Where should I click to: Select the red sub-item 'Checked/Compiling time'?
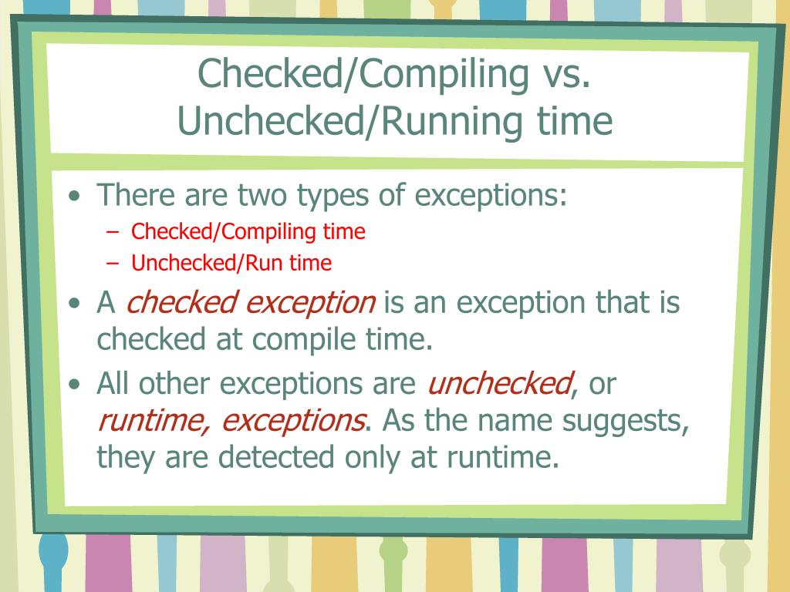(248, 231)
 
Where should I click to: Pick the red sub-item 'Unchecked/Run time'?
(231, 264)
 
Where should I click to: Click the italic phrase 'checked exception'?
(251, 304)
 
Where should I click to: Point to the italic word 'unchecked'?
(500, 383)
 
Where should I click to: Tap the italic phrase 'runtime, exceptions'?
(231, 421)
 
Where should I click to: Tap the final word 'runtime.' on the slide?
(501, 458)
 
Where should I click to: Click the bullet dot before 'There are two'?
(74, 197)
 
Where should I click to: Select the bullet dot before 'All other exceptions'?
(74, 384)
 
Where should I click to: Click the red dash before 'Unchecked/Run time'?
(113, 264)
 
